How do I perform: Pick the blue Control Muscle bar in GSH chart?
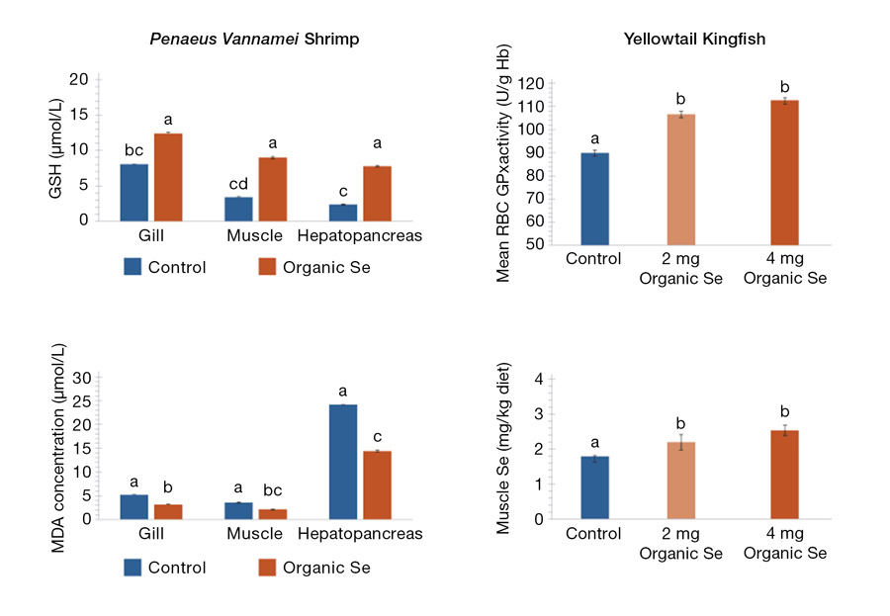[238, 209]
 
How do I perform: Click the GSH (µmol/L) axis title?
[55, 150]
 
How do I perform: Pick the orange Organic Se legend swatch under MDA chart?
[268, 567]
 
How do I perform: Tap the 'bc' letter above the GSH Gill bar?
[134, 151]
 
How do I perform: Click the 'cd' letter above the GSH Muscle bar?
[238, 184]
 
